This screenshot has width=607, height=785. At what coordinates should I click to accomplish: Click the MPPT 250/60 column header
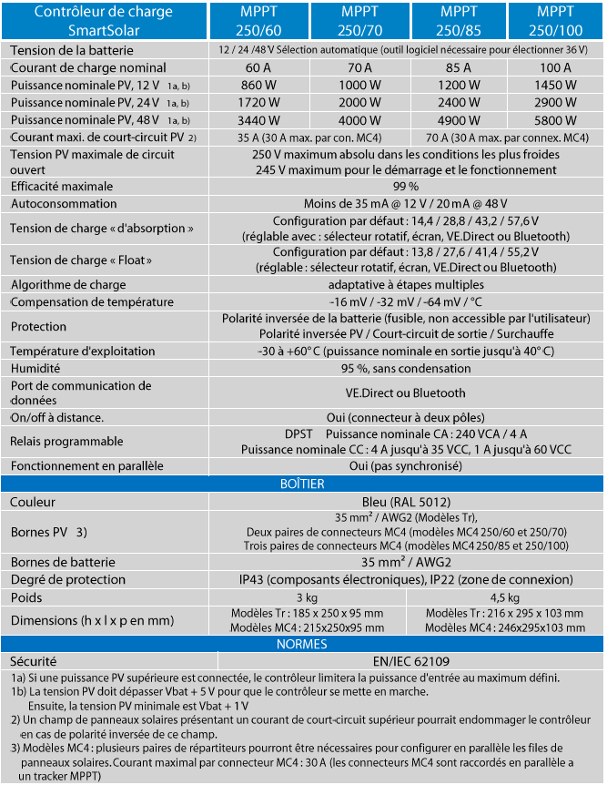click(260, 20)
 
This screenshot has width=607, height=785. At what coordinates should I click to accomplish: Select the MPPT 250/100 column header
click(554, 20)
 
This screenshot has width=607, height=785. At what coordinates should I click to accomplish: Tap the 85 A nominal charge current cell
click(458, 67)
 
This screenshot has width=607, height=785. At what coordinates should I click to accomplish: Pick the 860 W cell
click(259, 85)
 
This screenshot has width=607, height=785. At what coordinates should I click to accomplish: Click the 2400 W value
click(458, 102)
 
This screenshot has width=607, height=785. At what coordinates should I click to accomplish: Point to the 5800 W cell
click(555, 119)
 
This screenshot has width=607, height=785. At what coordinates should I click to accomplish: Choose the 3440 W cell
click(259, 119)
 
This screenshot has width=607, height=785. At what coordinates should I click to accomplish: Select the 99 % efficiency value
click(405, 186)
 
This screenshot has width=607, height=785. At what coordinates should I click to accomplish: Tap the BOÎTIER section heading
click(302, 484)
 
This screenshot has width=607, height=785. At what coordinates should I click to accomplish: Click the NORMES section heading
click(302, 645)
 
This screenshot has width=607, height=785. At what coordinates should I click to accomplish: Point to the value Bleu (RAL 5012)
click(405, 502)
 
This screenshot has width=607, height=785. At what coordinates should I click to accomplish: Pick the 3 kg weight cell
click(307, 597)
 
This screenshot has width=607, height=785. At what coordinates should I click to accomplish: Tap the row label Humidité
click(35, 369)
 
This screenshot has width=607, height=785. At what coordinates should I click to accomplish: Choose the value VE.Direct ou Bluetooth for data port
click(405, 393)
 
